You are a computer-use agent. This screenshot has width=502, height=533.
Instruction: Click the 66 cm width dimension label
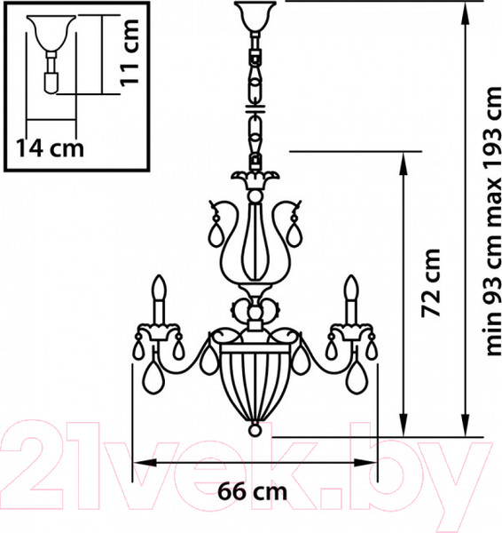252,491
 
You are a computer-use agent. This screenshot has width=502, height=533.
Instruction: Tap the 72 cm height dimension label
430,283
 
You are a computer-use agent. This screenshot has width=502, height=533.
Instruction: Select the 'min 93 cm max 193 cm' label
492,221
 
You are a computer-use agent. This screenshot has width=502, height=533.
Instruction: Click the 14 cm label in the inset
50,147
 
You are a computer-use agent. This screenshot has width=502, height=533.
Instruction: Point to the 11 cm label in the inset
129,52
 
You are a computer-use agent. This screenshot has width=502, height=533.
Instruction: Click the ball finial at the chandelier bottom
255,429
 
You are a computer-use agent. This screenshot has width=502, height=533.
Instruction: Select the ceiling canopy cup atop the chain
255,16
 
